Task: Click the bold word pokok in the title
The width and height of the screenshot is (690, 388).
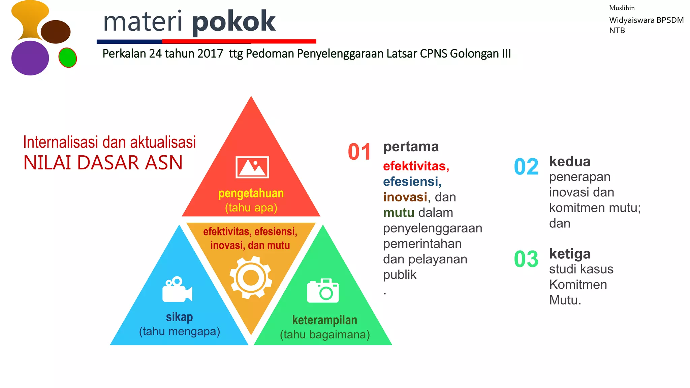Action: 233,22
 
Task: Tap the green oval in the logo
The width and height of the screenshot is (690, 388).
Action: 67,58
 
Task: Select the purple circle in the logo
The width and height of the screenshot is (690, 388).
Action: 30,58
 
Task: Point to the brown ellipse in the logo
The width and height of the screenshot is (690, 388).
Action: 56,32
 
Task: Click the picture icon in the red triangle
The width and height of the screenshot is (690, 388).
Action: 252,167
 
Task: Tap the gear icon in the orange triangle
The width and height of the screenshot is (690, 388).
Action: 251,278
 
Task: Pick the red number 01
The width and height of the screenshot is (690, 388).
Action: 359,152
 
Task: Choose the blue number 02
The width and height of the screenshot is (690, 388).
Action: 526,167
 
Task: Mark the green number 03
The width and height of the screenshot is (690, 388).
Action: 526,259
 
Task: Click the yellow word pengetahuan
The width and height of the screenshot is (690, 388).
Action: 251,193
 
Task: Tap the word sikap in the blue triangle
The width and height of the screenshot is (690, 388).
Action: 179,317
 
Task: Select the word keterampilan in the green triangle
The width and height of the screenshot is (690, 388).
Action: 324,320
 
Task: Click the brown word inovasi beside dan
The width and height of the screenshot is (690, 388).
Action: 405,197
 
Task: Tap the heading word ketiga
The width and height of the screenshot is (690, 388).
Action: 570,254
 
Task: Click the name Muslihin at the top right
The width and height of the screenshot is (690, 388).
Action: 622,8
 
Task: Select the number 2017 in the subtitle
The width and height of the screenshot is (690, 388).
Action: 210,54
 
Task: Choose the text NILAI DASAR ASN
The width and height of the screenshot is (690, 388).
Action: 103,163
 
